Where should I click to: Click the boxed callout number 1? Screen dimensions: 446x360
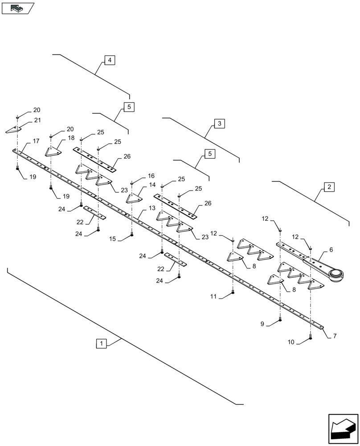tap(102, 343)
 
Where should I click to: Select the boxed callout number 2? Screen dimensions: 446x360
tap(329, 187)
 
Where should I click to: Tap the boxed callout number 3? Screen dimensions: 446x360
tap(219, 124)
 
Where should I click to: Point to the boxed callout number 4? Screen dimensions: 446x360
tap(110, 60)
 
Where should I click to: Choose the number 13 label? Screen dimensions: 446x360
tap(152, 208)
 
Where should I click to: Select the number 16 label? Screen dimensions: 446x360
tap(151, 176)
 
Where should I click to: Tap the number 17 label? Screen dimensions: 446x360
tap(37, 141)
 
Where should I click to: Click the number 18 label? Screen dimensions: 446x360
tap(71, 138)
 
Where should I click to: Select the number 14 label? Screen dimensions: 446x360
tap(152, 185)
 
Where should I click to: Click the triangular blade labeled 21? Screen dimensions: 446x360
tap(15, 129)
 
